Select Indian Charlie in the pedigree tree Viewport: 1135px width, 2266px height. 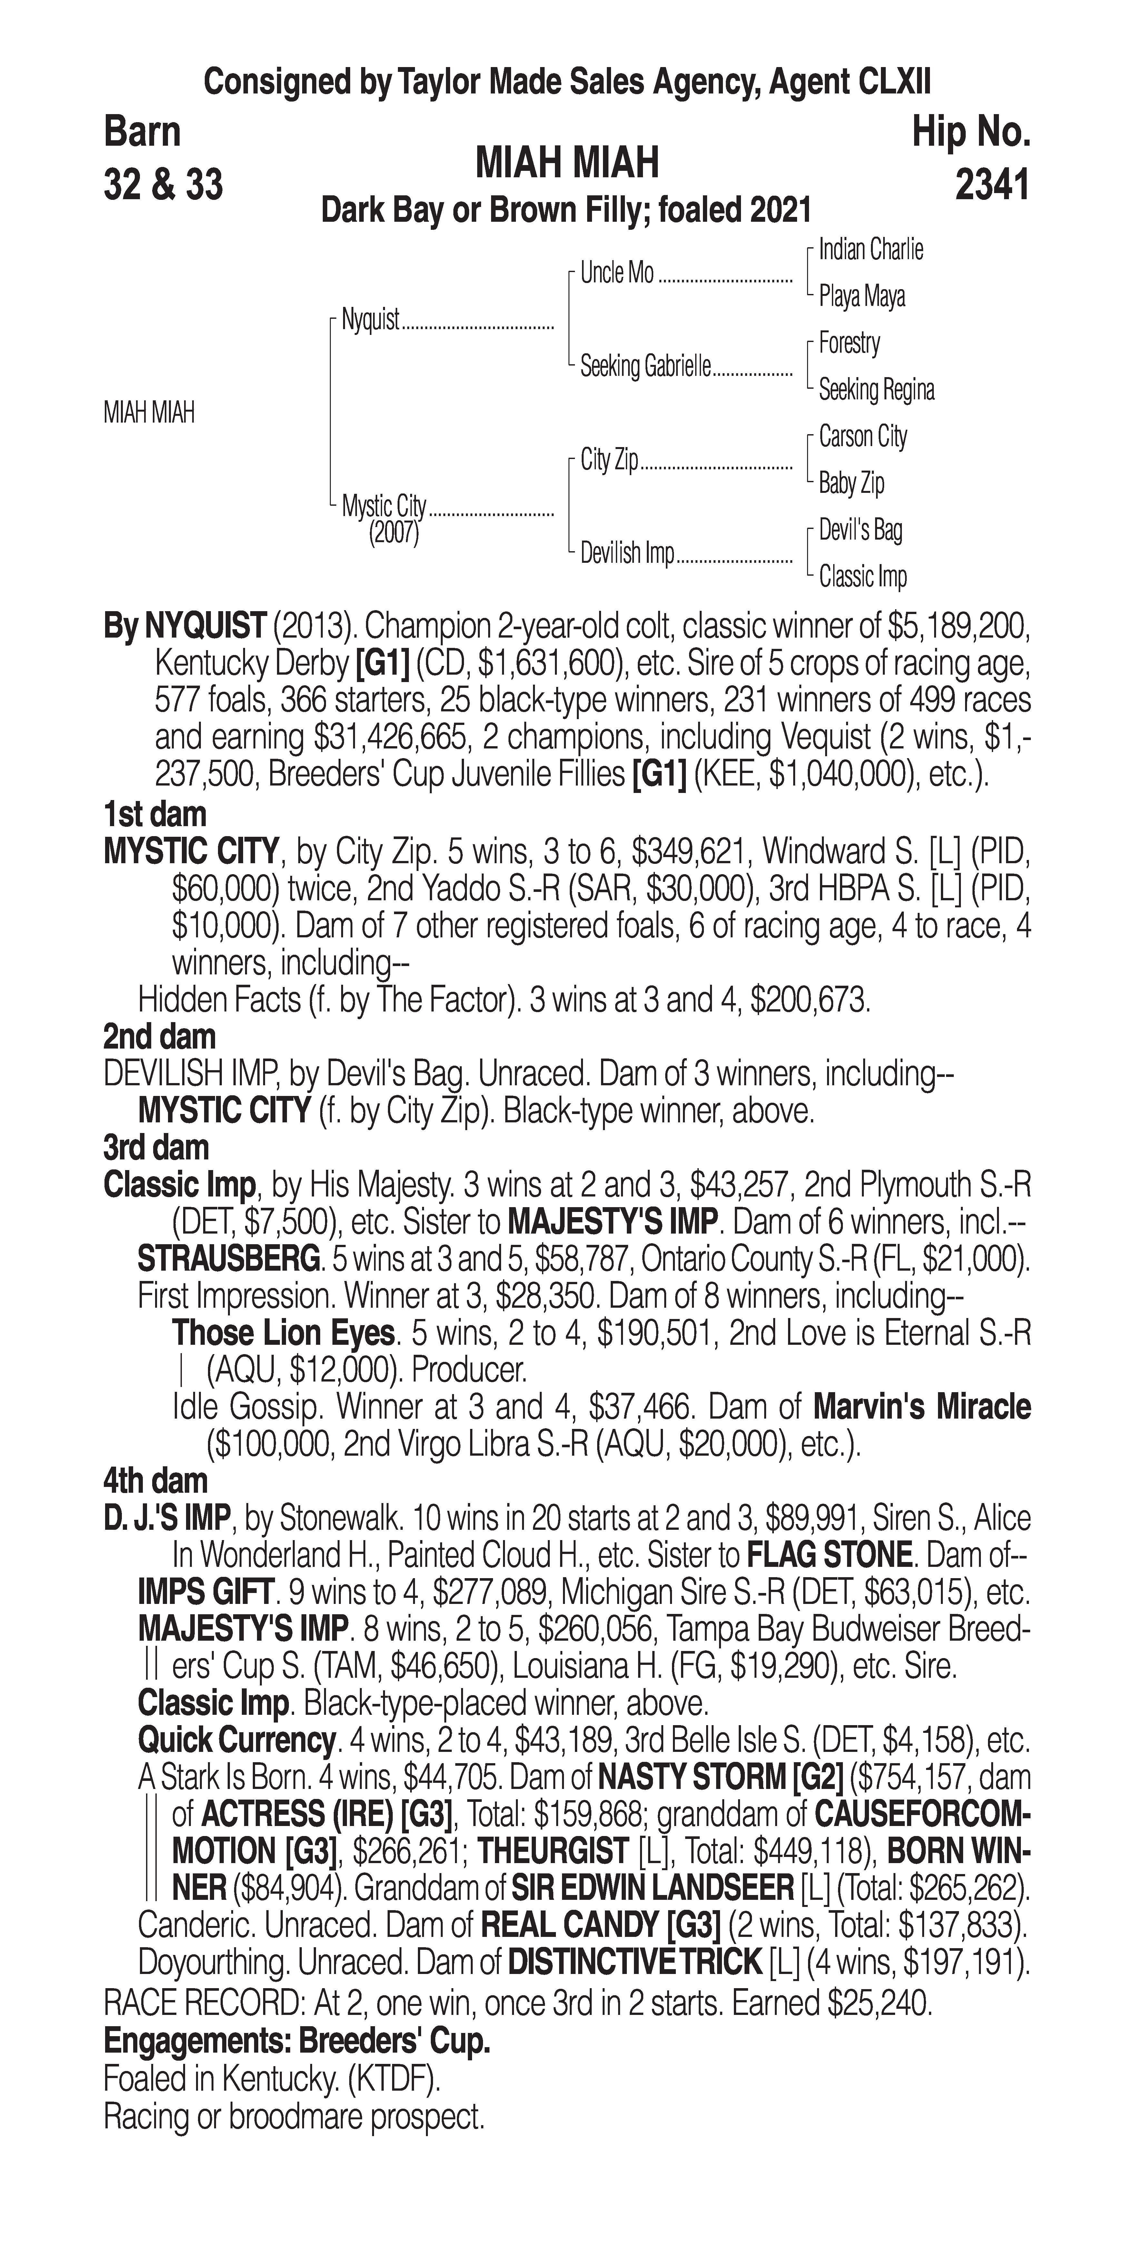(870, 250)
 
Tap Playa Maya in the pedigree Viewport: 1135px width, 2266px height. (861, 297)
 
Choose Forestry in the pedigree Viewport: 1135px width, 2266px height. (849, 343)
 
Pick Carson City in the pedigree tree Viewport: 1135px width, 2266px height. (862, 436)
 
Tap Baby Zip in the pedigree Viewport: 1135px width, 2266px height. (851, 483)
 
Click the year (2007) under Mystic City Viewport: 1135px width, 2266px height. (393, 533)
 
